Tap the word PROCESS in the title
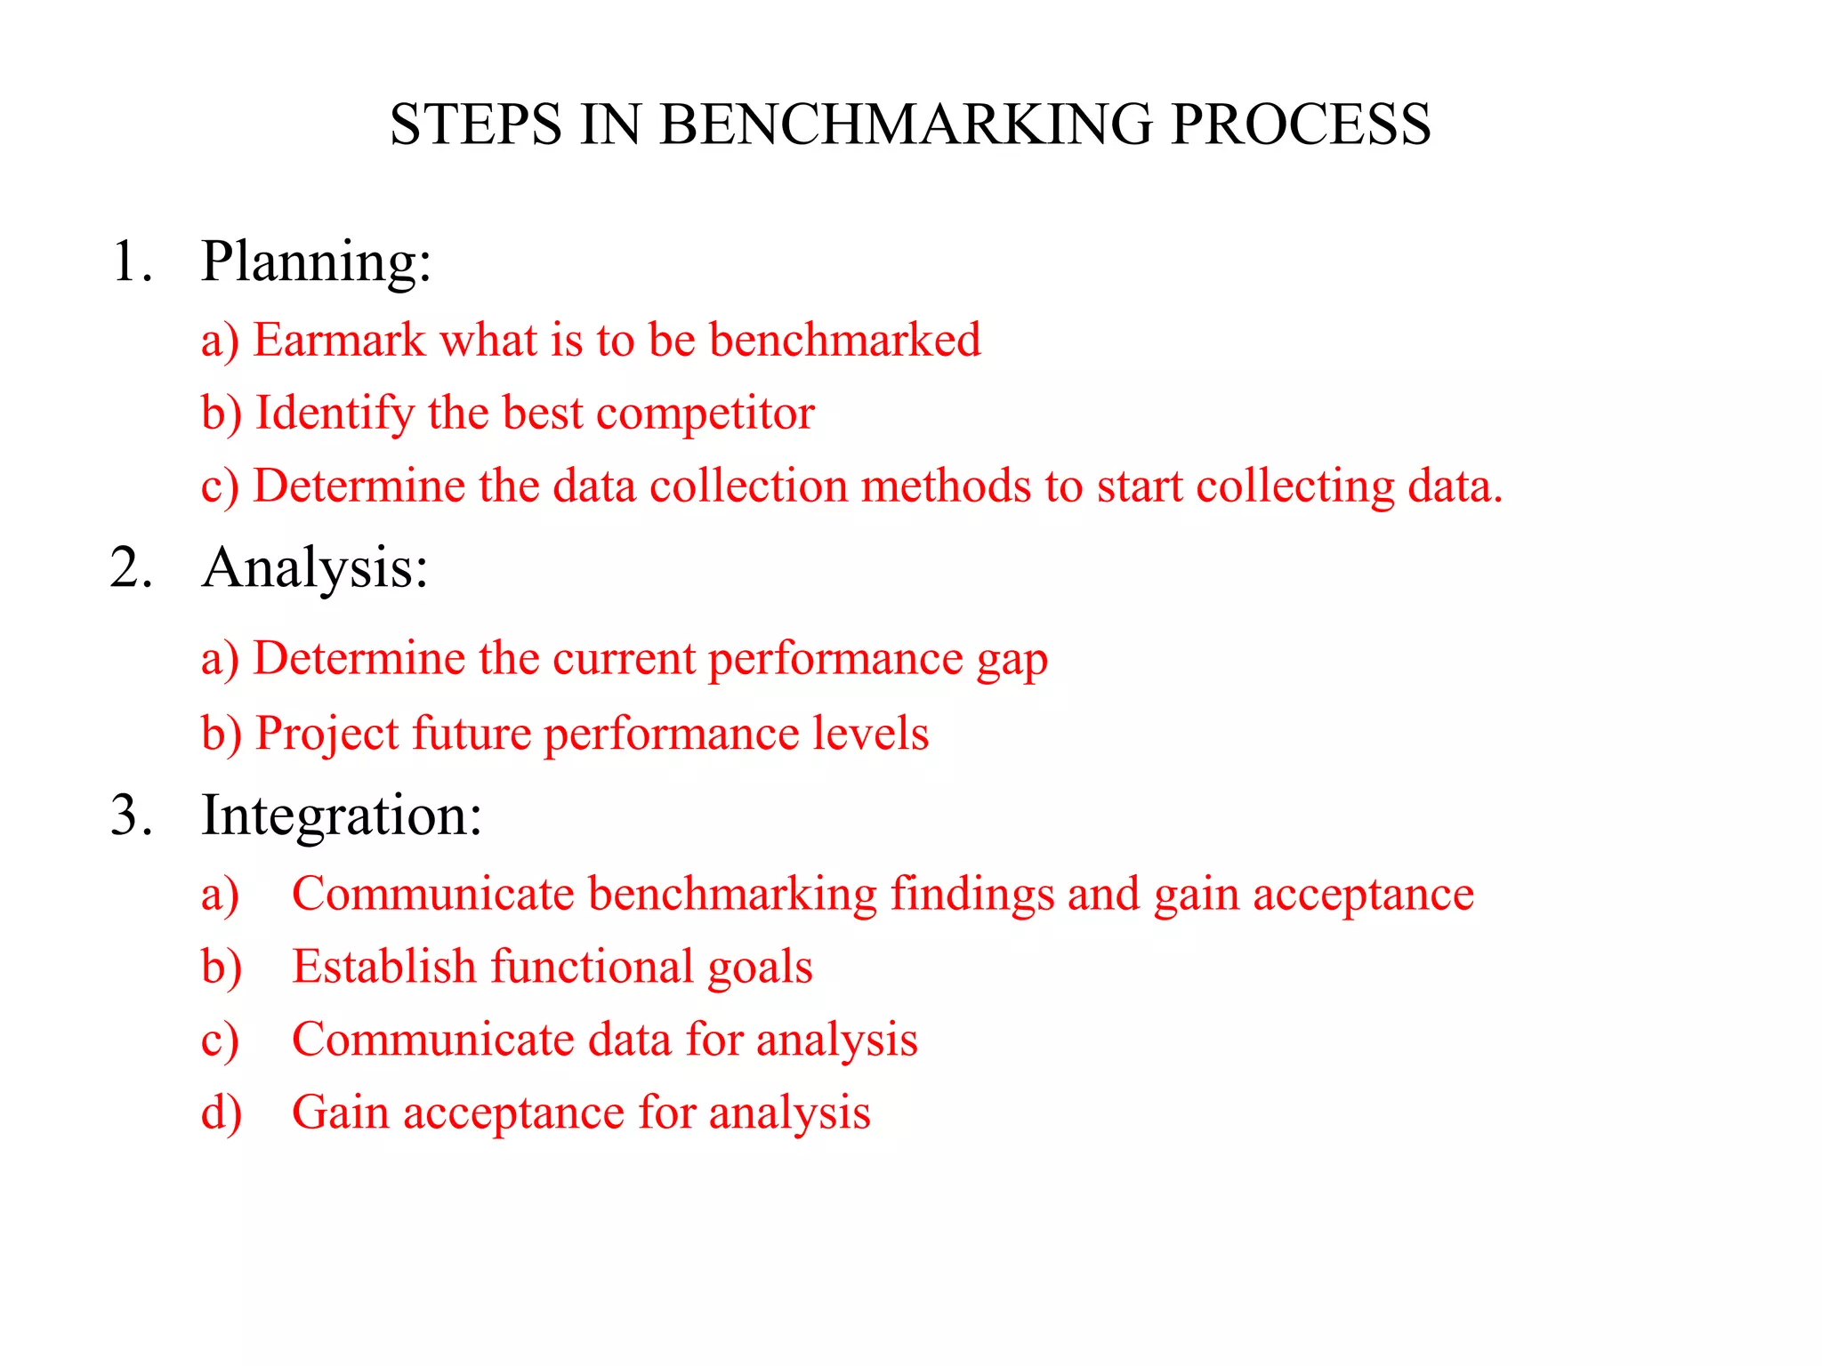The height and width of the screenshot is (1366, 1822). (1301, 124)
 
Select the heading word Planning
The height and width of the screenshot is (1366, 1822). (316, 262)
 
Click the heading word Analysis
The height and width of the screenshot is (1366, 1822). (315, 567)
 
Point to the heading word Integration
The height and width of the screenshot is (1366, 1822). (342, 815)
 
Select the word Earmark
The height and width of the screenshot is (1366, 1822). (339, 340)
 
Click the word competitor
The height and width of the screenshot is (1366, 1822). (705, 414)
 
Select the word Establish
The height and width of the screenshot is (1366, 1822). (383, 967)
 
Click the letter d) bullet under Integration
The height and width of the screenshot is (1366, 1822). (221, 1113)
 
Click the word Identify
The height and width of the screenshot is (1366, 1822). (335, 414)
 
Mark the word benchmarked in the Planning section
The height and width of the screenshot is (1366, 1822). (844, 340)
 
